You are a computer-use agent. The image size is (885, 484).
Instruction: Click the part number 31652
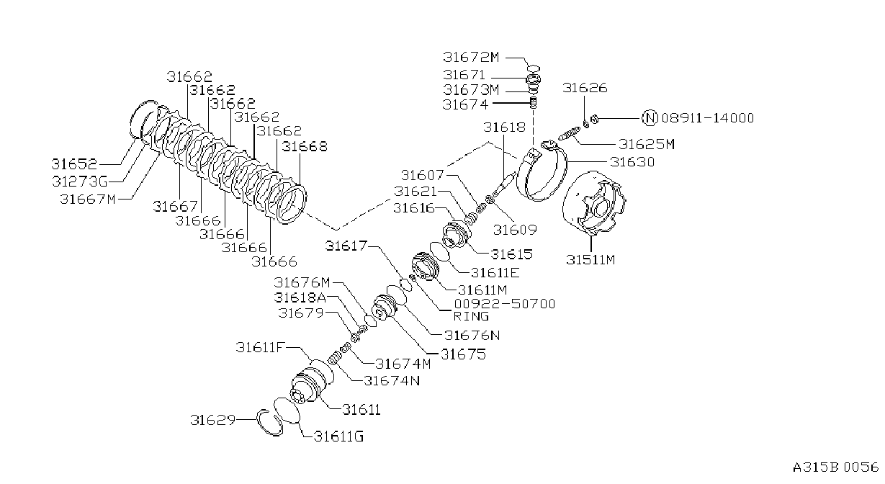coord(74,163)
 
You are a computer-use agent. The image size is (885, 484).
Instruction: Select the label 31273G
coord(80,181)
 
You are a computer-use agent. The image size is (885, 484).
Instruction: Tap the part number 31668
coord(305,147)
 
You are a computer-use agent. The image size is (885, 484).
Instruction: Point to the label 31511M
coord(590,259)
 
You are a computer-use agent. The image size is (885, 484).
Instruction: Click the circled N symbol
coord(650,117)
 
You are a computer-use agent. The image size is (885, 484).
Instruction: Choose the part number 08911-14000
coord(708,117)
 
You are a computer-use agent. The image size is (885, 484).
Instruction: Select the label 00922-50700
coord(505,304)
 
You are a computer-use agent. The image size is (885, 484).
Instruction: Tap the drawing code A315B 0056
coord(835,467)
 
